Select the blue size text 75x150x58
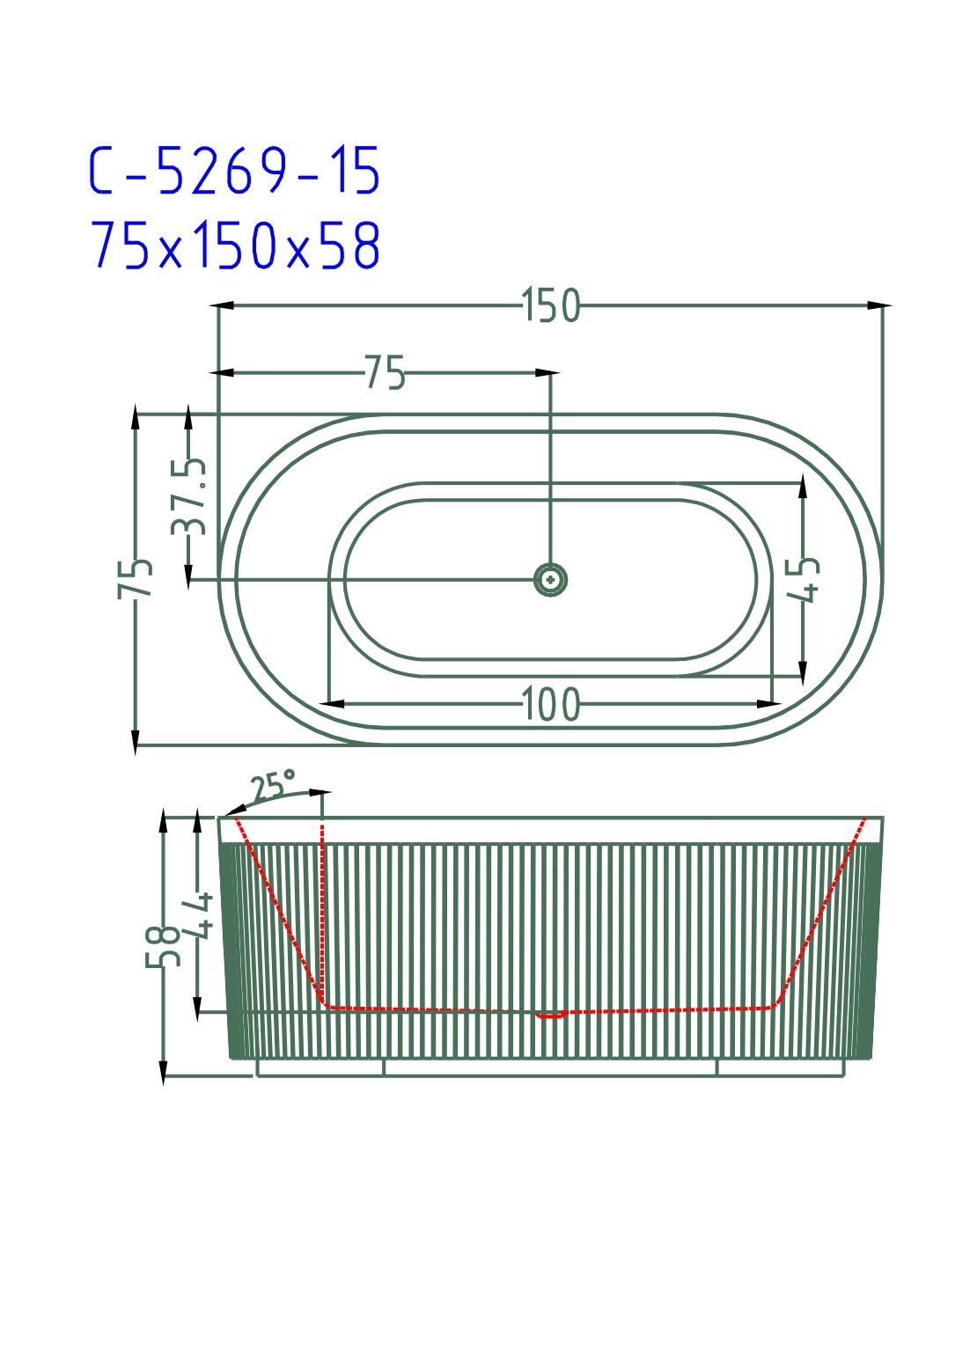tap(235, 245)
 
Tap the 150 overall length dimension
tap(550, 305)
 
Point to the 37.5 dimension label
tap(189, 496)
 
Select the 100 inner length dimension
tap(550, 704)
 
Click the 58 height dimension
tap(163, 946)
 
